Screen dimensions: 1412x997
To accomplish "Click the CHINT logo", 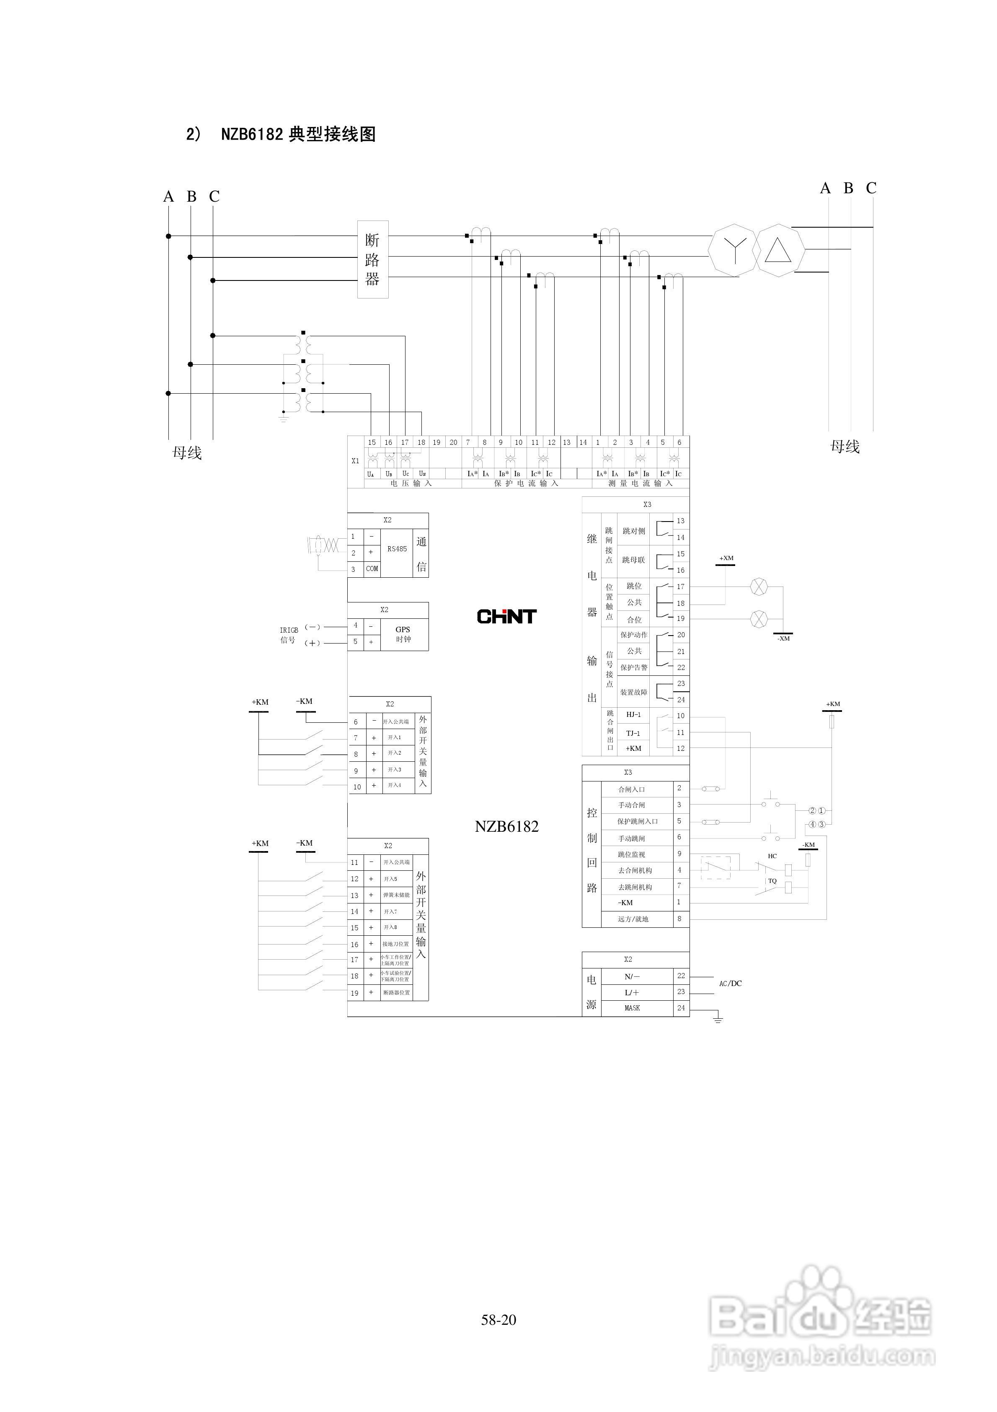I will [x=506, y=616].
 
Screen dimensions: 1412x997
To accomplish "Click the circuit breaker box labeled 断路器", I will [x=372, y=260].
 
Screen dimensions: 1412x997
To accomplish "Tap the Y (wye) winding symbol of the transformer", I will [x=734, y=250].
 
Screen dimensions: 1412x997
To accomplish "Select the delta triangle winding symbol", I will [x=778, y=251].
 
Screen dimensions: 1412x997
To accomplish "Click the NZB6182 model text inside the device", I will [x=506, y=827].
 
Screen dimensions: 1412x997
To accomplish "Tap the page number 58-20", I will [x=498, y=1319].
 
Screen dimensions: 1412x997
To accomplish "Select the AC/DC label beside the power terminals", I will [x=730, y=984].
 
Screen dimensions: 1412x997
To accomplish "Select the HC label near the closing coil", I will [x=772, y=856].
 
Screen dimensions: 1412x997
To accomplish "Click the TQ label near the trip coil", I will [x=772, y=881].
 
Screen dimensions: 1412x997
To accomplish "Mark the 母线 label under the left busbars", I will [x=187, y=453].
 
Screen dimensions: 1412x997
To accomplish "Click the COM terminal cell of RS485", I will [x=372, y=569].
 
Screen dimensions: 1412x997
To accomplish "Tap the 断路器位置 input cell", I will [x=396, y=993].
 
